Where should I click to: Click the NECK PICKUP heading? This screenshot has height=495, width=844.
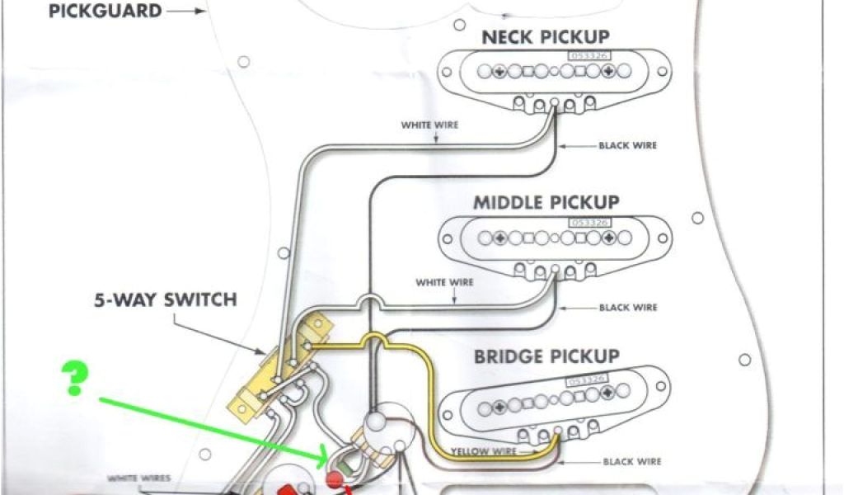click(546, 37)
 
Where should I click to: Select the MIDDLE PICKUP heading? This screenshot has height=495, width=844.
click(546, 202)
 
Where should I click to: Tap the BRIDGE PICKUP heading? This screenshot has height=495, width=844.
click(546, 357)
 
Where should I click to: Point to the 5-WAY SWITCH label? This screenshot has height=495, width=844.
click(165, 299)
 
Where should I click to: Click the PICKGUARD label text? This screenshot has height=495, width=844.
click(105, 12)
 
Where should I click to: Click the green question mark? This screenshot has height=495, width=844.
click(76, 379)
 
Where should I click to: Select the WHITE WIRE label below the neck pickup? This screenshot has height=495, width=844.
click(429, 125)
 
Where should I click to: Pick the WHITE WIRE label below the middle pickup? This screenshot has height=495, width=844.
click(445, 282)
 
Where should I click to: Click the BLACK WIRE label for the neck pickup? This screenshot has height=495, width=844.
click(629, 146)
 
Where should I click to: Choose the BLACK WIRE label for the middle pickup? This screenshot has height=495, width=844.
click(629, 308)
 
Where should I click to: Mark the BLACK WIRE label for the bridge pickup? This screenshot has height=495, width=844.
click(631, 462)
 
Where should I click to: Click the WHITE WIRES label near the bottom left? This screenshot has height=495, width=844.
click(138, 478)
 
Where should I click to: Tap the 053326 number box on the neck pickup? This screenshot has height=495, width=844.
click(584, 55)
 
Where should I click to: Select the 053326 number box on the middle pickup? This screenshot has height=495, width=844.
click(585, 224)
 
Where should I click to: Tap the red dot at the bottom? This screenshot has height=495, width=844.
click(335, 479)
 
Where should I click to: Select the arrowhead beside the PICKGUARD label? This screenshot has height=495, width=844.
click(199, 12)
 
